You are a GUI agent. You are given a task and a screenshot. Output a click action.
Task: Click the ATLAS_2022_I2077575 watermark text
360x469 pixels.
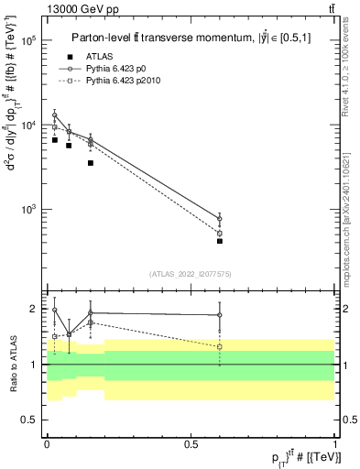(190, 273)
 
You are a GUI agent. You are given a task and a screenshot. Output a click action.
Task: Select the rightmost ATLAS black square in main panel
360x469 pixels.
(220, 241)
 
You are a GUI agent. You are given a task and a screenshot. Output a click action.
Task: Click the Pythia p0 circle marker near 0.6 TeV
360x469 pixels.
(220, 218)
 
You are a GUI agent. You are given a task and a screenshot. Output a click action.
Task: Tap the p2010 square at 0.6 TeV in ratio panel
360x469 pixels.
(220, 347)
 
